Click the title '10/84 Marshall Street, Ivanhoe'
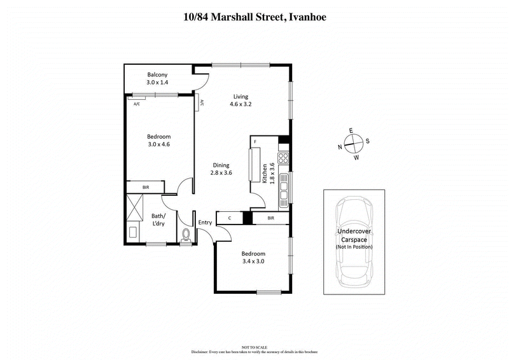pos(254,17)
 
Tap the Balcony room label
pos(157,74)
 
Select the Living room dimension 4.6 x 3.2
pos(240,104)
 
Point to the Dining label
pos(221,165)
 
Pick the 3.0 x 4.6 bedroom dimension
pos(158,144)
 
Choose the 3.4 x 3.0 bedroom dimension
pos(253,260)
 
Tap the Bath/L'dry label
pos(160,219)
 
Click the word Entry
pos(205,222)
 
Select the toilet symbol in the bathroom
pos(185,236)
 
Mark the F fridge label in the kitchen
pos(254,141)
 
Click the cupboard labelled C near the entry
pos(229,218)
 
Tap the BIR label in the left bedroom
pos(146,187)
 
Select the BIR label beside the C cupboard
pos(270,218)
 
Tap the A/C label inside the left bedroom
pos(136,104)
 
